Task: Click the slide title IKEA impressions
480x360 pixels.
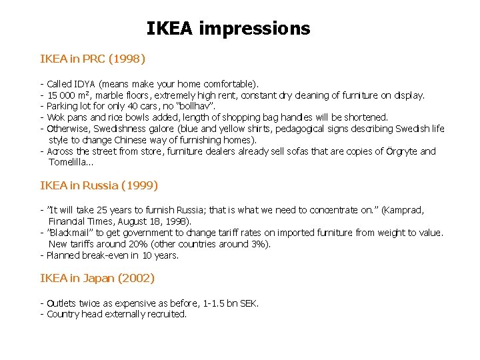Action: pos(228,29)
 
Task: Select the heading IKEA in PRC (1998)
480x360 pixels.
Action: pos(93,59)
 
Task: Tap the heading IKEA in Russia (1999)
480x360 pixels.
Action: pos(99,185)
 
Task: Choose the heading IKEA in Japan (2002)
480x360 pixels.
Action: pos(97,277)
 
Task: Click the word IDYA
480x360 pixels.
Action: pos(85,85)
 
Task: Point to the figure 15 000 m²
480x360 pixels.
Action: pos(70,95)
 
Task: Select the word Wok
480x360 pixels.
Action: pos(55,117)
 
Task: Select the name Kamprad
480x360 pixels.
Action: pos(402,210)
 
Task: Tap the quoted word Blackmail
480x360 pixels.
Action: pos(76,233)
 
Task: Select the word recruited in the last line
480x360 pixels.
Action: pos(166,314)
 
